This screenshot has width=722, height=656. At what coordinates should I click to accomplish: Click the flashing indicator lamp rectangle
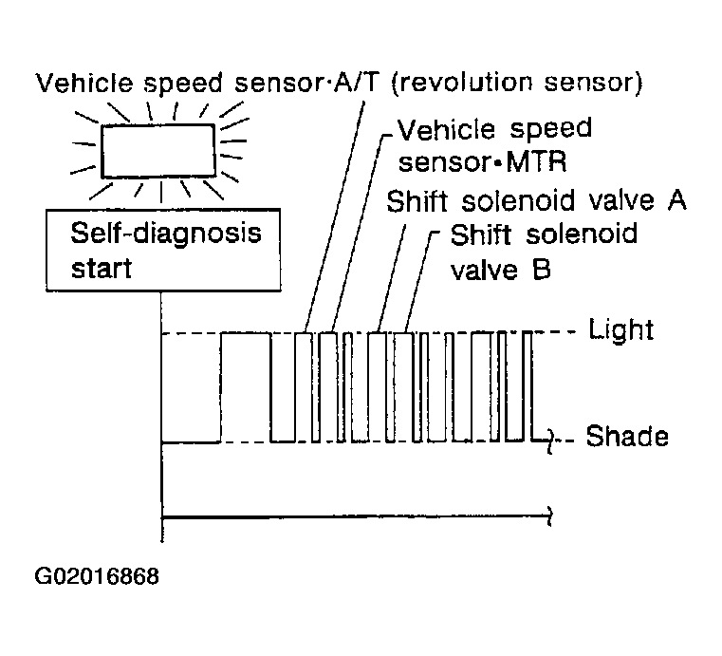(158, 151)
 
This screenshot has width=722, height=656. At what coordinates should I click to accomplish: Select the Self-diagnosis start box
(163, 250)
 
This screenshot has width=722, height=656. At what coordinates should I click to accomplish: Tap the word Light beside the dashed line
(621, 329)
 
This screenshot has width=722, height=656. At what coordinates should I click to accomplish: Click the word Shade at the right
(627, 436)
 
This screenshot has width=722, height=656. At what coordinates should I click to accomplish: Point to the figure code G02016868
(97, 576)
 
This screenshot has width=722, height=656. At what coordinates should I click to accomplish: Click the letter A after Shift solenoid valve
(676, 201)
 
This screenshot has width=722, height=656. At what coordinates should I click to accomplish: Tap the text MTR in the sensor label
(536, 162)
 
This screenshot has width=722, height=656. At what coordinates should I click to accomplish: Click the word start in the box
(102, 269)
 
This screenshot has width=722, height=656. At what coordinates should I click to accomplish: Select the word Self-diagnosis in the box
(166, 234)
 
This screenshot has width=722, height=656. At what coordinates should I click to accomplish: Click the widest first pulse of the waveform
(246, 387)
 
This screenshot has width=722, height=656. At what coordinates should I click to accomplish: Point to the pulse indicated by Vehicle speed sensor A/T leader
(304, 387)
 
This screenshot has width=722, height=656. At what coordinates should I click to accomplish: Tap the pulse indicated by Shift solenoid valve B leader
(404, 387)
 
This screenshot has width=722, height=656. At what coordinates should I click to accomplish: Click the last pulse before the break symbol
(528, 386)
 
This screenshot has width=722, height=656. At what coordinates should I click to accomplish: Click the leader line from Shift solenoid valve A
(392, 278)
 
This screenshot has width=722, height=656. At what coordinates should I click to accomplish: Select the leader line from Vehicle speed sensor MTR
(358, 232)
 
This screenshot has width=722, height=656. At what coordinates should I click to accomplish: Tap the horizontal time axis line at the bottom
(358, 517)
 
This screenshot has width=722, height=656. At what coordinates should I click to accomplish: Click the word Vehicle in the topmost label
(84, 83)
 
